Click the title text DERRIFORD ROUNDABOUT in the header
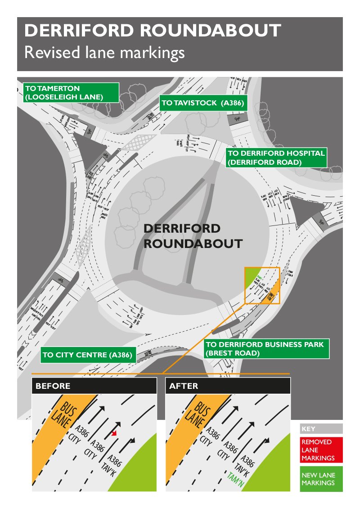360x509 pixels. pos(153,31)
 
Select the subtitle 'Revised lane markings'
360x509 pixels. pos(104,53)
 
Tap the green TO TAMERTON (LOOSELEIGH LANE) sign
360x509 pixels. pos(70,92)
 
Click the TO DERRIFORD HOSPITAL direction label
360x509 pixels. pos(275,158)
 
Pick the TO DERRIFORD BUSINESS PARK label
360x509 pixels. pos(265,349)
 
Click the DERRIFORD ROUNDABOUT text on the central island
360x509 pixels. pos(193,236)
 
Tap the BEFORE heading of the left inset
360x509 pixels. pos(53,386)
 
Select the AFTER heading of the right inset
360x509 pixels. pos(184,386)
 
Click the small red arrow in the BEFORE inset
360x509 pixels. pos(115,433)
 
